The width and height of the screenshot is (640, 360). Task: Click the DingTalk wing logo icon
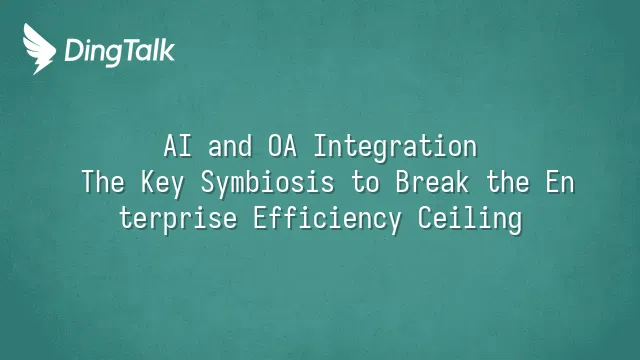pos(39,49)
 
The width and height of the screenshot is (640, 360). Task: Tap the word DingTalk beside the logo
pos(119,51)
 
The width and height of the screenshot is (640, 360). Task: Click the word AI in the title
pos(177,146)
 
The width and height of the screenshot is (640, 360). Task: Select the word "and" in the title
pos(230,146)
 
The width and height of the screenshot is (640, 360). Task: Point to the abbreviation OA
pos(282,146)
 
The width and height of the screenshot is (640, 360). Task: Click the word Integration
pos(395,147)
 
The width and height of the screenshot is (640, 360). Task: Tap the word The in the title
pos(103,182)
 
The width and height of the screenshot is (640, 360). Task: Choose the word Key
pos(162,184)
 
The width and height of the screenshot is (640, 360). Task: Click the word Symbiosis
pos(267,184)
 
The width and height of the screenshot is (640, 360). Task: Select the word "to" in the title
pos(364,182)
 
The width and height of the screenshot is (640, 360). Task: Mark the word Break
pos(432,182)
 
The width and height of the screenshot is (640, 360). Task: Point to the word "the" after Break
pos(508,182)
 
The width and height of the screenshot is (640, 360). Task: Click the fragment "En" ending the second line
pos(560,182)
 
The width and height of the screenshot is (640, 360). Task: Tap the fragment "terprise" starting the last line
pos(178,219)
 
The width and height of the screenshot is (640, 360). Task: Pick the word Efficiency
pos(327,219)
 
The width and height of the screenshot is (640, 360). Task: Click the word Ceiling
pos(469,219)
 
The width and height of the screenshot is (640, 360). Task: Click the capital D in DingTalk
pos(74,50)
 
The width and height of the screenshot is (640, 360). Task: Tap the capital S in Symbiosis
pos(207,182)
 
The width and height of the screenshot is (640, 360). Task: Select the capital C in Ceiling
pos(424,218)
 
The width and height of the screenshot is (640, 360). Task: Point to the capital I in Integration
pos(320,146)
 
